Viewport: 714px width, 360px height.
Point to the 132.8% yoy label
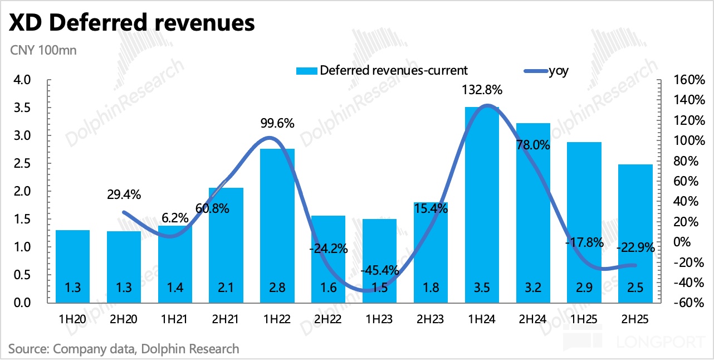point(482,90)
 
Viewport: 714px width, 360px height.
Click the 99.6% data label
point(277,123)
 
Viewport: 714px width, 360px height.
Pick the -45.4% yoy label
point(379,271)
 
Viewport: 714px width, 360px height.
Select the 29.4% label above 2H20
point(123,194)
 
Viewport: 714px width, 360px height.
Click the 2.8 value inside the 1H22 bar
point(277,289)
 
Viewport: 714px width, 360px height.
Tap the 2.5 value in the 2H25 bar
point(635,289)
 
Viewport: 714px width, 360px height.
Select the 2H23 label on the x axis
point(431,321)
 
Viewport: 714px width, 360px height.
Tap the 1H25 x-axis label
point(584,321)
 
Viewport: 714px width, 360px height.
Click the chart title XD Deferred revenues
point(132,23)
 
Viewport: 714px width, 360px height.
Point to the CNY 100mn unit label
point(43,50)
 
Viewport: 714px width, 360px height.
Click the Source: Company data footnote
point(124,349)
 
